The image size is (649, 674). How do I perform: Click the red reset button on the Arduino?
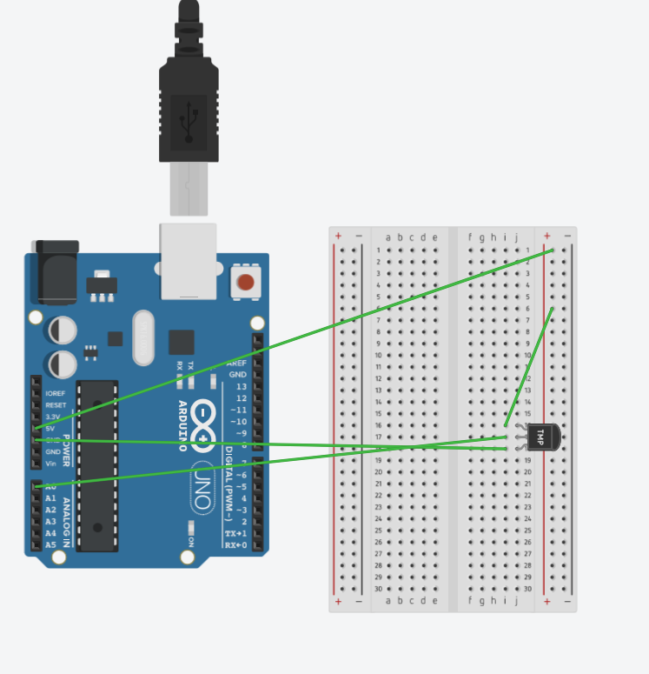(x=246, y=282)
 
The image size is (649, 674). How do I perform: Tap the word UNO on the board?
(x=200, y=475)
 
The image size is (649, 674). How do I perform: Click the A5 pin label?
(x=51, y=545)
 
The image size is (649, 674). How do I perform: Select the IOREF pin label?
(x=55, y=393)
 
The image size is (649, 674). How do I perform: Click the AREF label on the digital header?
(x=236, y=363)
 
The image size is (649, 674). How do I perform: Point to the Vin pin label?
(x=51, y=464)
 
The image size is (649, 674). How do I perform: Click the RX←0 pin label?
(x=235, y=545)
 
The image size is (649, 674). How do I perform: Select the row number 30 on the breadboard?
(x=379, y=589)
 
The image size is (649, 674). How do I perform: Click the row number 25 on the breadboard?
(x=379, y=531)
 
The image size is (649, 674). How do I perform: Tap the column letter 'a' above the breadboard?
(x=388, y=237)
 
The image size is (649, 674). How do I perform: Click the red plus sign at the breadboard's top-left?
(x=338, y=237)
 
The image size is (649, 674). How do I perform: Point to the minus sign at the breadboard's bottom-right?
(x=568, y=601)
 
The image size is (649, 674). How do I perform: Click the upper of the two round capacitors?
(x=62, y=330)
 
